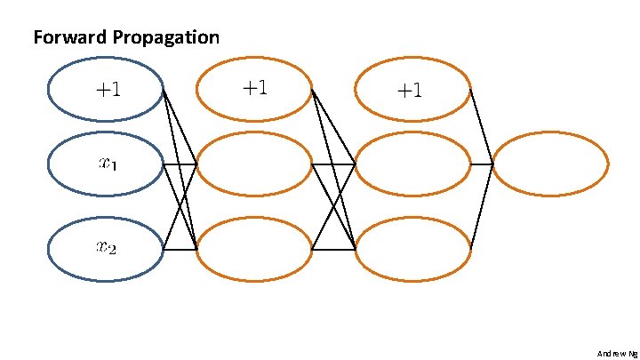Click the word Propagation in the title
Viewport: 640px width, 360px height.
166,38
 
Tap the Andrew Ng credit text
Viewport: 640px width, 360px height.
617,353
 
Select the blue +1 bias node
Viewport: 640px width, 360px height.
106,89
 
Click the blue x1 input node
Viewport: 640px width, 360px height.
106,164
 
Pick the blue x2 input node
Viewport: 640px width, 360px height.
106,250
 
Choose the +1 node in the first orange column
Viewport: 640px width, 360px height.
254,88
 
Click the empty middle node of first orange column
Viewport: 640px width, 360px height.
254,164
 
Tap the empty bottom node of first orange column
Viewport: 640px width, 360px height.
254,250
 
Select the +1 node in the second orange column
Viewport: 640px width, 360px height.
412,89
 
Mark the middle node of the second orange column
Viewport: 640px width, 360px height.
412,164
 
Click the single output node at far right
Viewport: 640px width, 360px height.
550,164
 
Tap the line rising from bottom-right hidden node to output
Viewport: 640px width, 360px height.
481,207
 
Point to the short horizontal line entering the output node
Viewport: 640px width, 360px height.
481,164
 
